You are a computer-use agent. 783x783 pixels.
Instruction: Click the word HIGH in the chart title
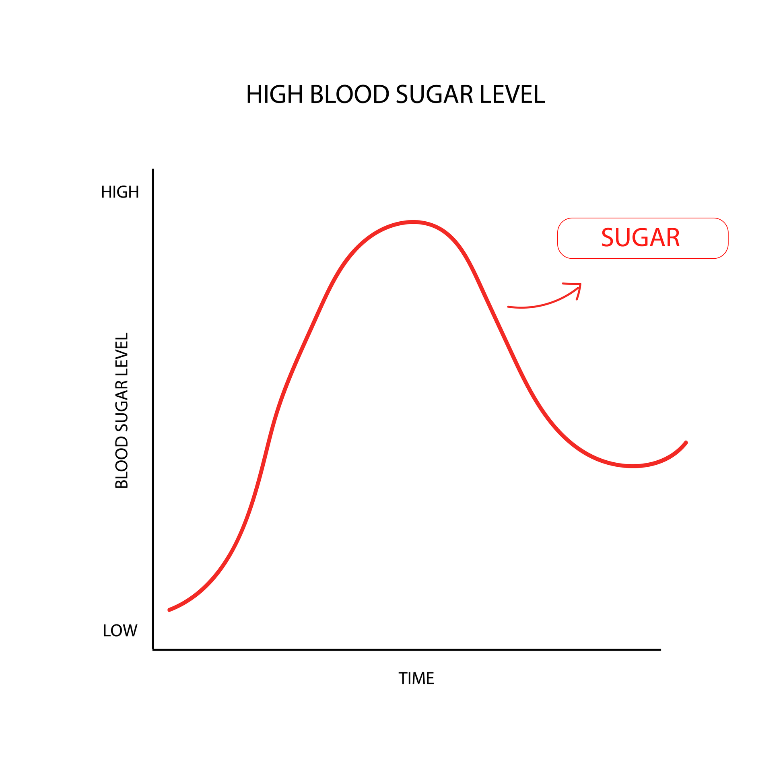pos(274,95)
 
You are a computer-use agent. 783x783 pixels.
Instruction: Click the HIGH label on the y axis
pos(120,192)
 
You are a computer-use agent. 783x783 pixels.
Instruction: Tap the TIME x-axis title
pos(416,679)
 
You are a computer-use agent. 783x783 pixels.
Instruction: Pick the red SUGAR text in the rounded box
pos(640,238)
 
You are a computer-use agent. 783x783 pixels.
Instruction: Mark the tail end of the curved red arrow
pos(509,307)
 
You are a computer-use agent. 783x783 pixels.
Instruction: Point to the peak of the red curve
pos(413,222)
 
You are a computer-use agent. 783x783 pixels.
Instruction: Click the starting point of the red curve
pos(169,610)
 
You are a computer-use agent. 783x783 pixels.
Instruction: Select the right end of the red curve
pos(686,443)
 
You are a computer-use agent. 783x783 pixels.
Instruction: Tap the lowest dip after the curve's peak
pos(632,466)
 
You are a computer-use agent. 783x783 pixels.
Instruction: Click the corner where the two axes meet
pos(153,650)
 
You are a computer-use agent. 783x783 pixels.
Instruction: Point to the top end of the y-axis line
pos(153,170)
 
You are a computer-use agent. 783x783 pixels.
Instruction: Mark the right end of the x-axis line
pos(660,650)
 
